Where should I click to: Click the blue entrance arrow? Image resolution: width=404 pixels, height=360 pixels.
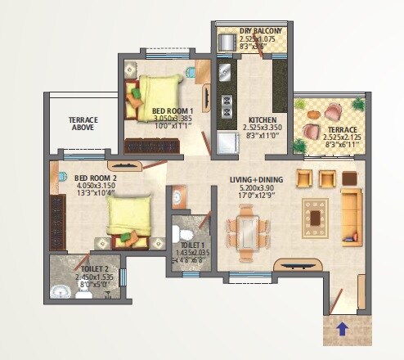(340, 331)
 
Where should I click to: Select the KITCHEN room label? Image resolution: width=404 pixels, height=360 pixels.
(263, 120)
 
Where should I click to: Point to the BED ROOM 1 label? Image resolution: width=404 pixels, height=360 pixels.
(172, 110)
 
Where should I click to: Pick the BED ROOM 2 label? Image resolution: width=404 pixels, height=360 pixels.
(96, 178)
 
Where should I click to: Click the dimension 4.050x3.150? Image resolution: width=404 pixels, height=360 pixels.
(97, 186)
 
